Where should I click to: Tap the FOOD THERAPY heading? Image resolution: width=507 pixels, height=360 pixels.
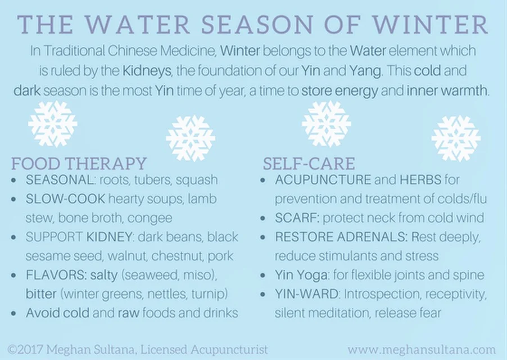[79, 164]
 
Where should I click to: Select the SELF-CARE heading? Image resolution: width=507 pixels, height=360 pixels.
[309, 164]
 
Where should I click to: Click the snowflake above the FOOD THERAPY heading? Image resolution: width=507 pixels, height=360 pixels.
[52, 124]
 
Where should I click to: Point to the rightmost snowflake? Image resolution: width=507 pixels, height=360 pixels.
[456, 138]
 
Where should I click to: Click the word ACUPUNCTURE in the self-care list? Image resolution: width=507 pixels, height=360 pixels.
[323, 180]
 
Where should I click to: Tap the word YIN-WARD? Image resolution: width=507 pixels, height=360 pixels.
[307, 294]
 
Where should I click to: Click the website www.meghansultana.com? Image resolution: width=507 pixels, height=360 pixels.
[422, 349]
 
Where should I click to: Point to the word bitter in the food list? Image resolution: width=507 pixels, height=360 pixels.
[41, 294]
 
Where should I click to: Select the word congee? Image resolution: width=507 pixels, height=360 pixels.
[153, 218]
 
